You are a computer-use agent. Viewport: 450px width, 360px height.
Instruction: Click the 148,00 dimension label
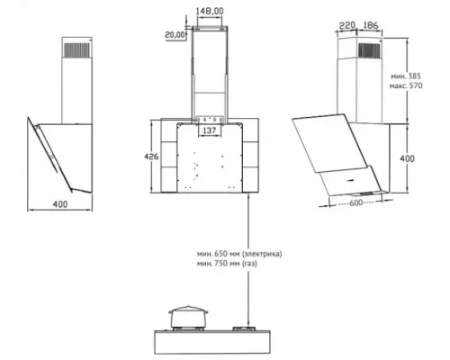click(210, 12)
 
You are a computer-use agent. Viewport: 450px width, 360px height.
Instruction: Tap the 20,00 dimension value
click(175, 35)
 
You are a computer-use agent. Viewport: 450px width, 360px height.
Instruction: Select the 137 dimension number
click(210, 130)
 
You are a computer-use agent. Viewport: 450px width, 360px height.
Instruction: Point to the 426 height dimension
click(151, 157)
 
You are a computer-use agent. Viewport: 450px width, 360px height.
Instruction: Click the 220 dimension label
click(346, 25)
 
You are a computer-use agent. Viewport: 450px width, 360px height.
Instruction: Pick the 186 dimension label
click(370, 25)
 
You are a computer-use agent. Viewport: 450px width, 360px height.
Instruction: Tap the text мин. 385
click(406, 76)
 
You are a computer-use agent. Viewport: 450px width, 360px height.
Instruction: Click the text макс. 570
click(406, 85)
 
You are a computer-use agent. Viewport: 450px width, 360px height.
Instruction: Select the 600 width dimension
click(356, 202)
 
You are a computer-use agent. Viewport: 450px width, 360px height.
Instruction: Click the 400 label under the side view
click(60, 204)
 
